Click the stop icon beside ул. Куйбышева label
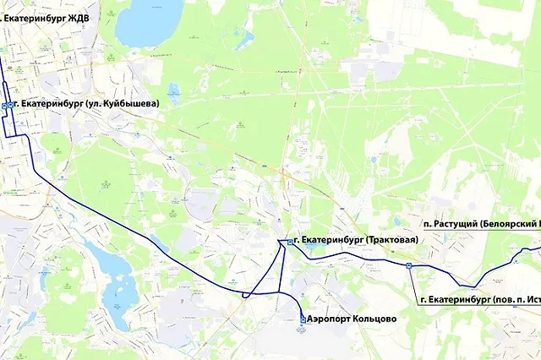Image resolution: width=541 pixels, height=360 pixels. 6,105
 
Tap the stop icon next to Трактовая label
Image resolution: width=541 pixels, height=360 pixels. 291,242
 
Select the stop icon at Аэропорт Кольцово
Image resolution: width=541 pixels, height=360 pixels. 303,319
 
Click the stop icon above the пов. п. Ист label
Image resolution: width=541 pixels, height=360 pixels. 409,265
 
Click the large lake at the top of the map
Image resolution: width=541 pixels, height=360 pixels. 149,22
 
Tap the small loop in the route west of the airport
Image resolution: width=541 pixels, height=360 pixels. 246,295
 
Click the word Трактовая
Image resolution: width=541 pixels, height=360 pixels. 391,241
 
